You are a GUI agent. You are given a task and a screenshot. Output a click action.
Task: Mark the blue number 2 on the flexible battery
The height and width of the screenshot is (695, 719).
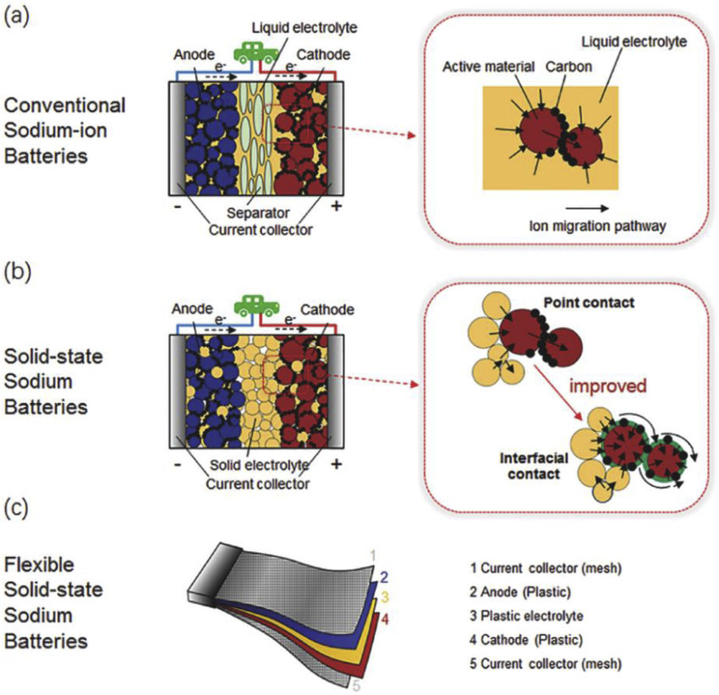(x=384, y=577)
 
